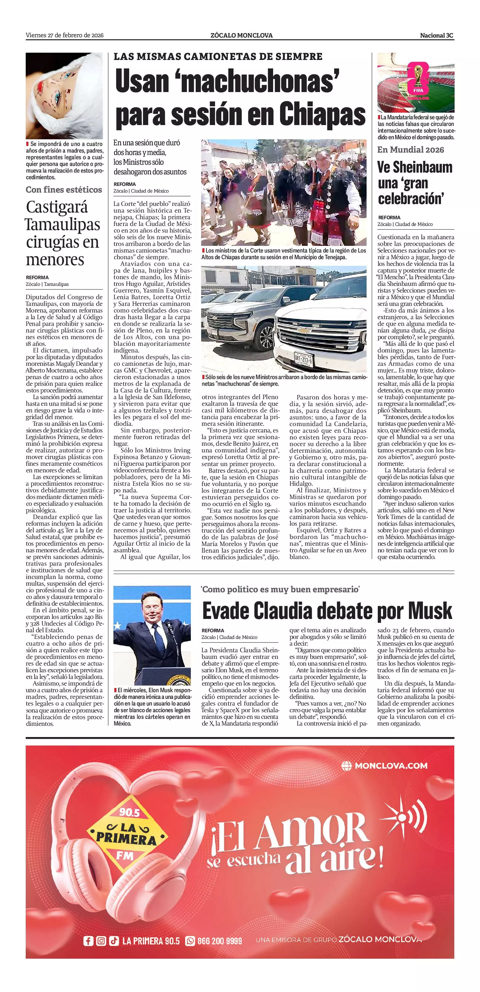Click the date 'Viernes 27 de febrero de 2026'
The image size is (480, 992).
65,35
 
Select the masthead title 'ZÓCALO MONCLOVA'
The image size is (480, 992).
242,35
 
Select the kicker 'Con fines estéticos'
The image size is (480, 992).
64,190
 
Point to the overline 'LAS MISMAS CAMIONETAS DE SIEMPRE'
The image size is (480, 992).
218,57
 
